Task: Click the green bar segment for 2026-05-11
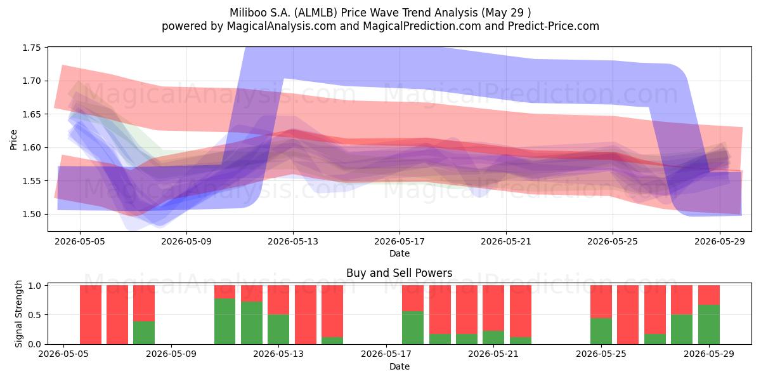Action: point(224,321)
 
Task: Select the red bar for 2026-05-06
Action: point(90,315)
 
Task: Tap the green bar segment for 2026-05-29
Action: point(709,324)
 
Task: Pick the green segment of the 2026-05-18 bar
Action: point(413,328)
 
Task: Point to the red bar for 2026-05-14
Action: point(306,315)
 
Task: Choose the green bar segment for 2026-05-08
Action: point(144,333)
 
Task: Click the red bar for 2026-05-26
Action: point(628,315)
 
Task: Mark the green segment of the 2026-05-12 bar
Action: point(252,323)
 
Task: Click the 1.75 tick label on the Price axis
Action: point(31,48)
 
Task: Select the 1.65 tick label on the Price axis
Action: point(31,114)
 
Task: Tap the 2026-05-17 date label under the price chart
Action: point(400,241)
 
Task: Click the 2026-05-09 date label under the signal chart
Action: point(171,354)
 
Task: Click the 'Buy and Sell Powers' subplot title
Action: point(399,273)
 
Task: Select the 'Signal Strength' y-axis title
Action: point(18,314)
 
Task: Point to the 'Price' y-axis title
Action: point(13,140)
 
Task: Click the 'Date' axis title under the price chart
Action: point(400,253)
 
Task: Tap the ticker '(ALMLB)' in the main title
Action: point(316,13)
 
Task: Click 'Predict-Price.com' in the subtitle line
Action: point(554,26)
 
